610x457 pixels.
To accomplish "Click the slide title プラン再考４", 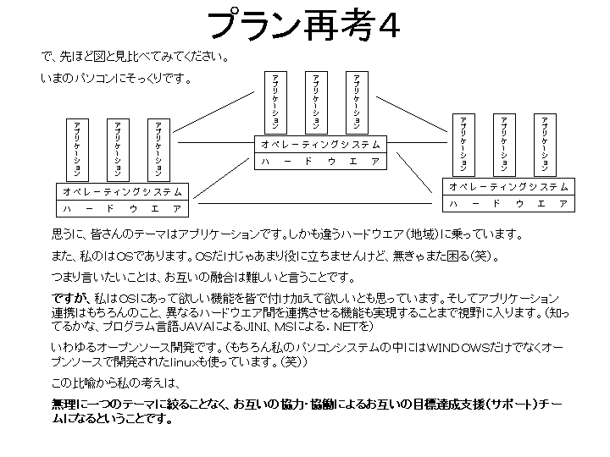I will (304, 25).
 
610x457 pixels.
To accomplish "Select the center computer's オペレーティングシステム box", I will (321, 144).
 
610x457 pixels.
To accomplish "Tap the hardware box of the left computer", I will (122, 208).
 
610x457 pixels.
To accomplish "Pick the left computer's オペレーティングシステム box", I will (122, 191).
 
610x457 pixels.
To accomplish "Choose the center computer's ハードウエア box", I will (321, 161).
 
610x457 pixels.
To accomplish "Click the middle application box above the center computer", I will (316, 101).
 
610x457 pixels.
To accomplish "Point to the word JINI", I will (265, 327).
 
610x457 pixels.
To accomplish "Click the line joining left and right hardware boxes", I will (313, 204).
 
